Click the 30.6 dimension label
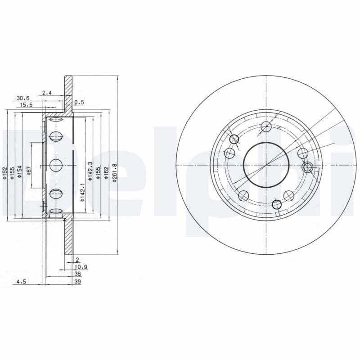point(23,98)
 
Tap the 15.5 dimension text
point(27,104)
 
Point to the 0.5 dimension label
point(79,102)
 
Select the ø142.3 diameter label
point(90,171)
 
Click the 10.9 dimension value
point(81,267)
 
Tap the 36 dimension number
point(77,274)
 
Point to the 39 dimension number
point(77,282)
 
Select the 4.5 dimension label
point(21,282)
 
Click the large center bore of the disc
point(266,164)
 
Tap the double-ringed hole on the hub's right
point(307,167)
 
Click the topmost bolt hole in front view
point(266,126)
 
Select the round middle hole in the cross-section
point(56,165)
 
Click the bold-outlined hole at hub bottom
point(277,203)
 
